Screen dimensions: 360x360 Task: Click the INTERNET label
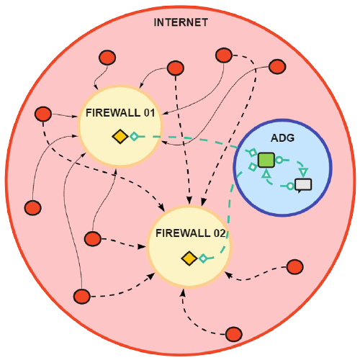[x=181, y=22]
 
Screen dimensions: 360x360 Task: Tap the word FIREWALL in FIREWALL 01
[x=113, y=113]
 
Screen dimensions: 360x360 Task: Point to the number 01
[x=149, y=113]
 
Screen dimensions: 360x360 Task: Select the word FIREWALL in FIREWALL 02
[x=183, y=233]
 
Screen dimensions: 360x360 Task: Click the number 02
[x=220, y=233]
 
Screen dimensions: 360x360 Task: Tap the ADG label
[x=282, y=138]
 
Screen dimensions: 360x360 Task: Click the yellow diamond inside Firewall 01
[x=120, y=136]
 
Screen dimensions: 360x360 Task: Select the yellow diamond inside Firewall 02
[x=189, y=258]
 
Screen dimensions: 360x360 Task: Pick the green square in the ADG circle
[x=266, y=160]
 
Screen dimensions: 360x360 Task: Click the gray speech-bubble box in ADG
[x=303, y=185]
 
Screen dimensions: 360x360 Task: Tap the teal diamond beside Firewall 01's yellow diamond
[x=134, y=136]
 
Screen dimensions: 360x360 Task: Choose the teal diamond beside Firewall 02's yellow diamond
[x=203, y=258]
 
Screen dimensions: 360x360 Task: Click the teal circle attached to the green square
[x=279, y=160]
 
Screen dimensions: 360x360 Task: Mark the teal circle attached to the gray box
[x=290, y=186]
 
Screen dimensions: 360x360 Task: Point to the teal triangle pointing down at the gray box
[x=304, y=172]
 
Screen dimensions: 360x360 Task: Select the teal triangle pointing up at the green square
[x=266, y=174]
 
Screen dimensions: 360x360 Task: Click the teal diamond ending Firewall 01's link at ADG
[x=252, y=153]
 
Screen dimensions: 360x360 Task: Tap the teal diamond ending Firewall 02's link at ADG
[x=253, y=167]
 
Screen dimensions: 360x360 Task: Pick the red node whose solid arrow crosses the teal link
[x=277, y=66]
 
